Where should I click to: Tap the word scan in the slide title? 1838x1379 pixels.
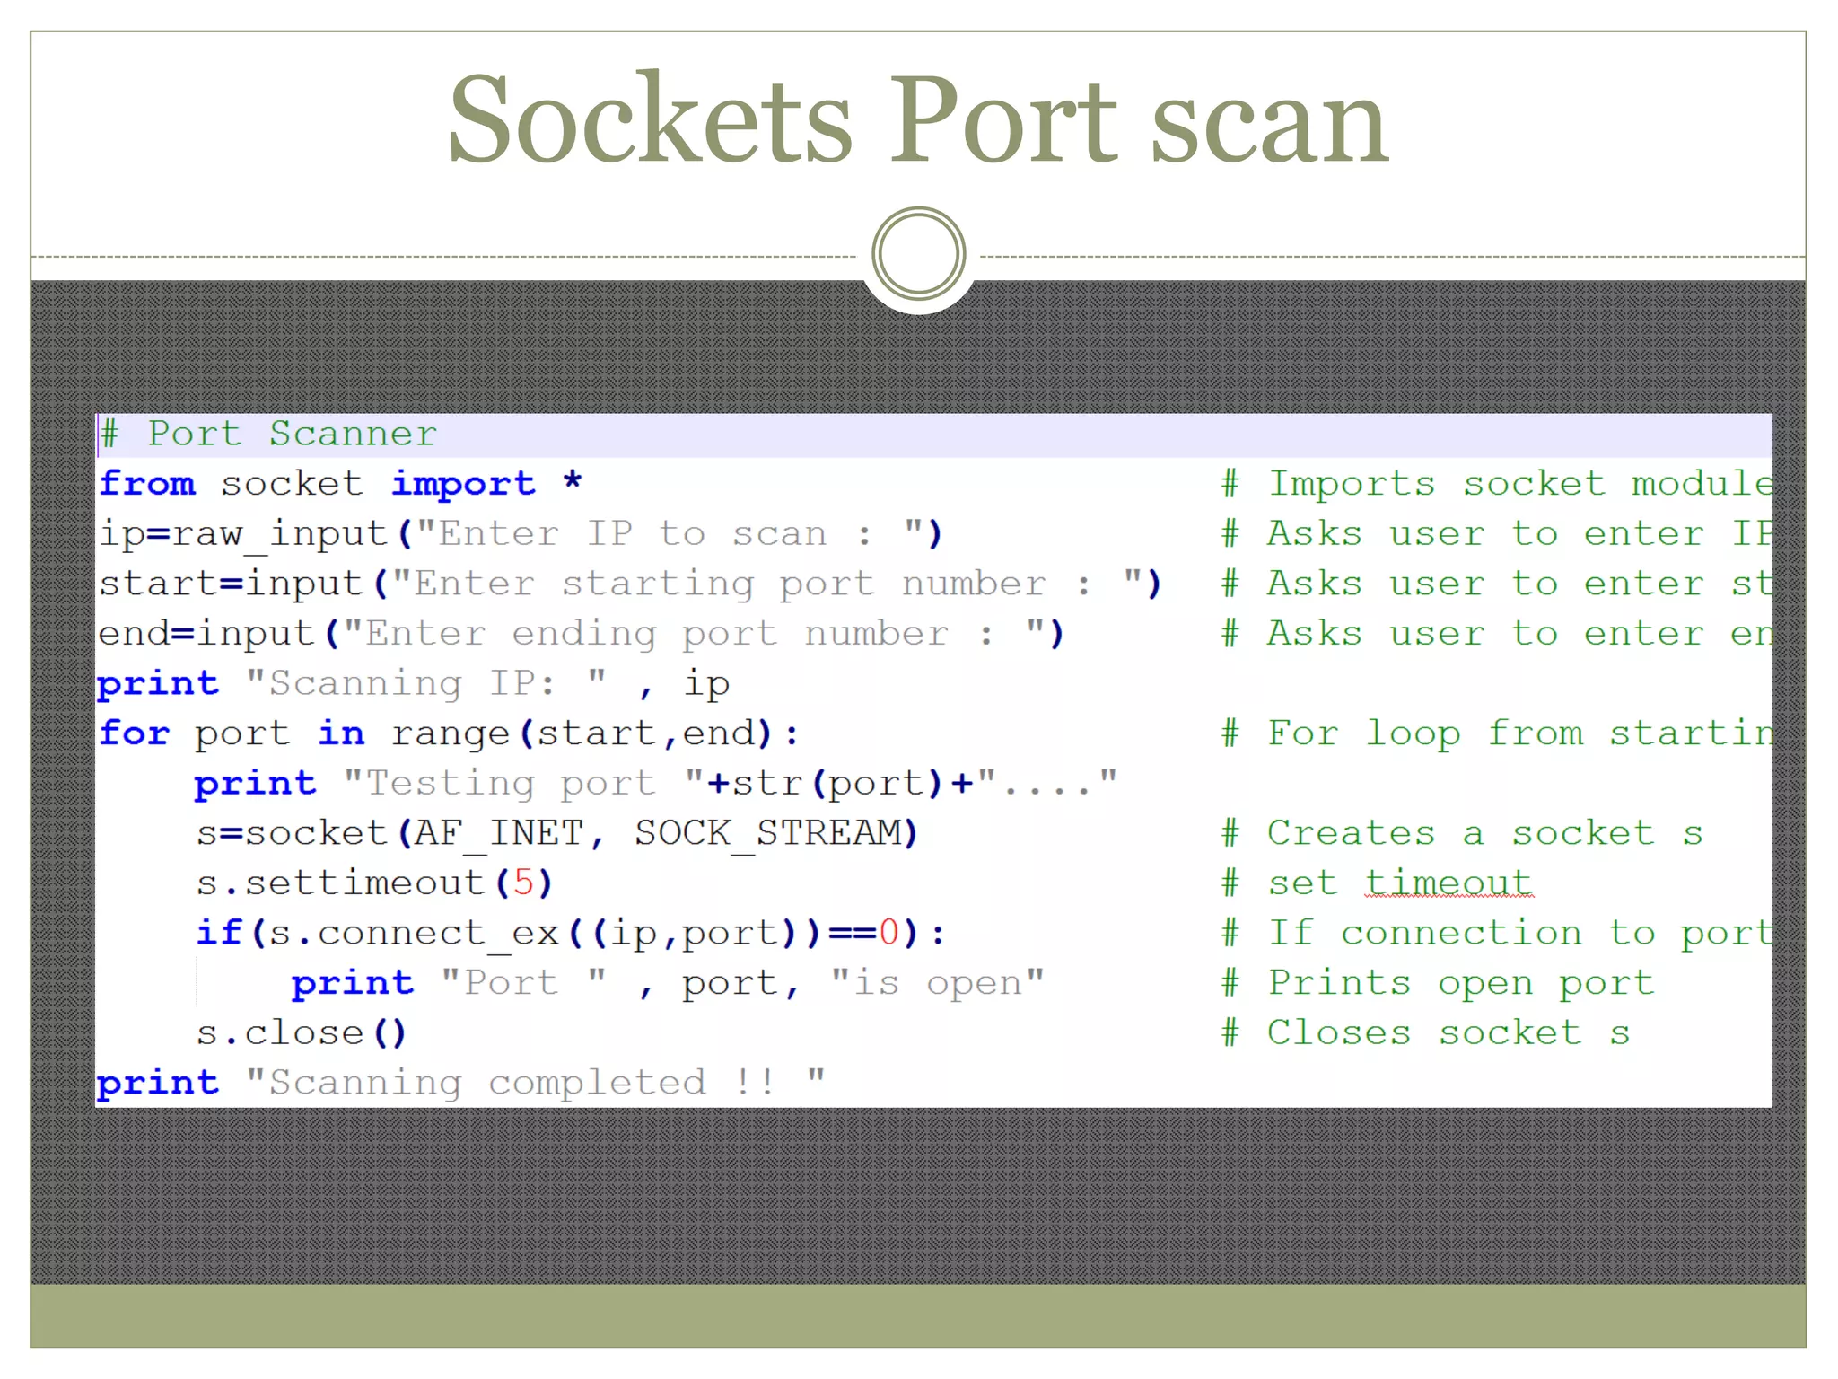[x=1269, y=121]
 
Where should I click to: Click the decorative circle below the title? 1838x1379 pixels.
[x=918, y=254]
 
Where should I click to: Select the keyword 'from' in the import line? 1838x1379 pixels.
[x=147, y=484]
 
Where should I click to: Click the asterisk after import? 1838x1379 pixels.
[x=573, y=483]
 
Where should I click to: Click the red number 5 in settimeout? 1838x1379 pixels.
[x=523, y=883]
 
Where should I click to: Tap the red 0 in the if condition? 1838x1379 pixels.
[x=888, y=934]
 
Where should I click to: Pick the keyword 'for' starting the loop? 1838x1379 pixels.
[x=135, y=733]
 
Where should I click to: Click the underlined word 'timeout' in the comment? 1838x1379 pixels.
[x=1449, y=883]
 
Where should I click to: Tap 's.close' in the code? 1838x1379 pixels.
[x=280, y=1033]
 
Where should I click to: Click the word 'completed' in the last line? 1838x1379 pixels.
[x=597, y=1083]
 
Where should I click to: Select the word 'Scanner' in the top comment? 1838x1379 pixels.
[x=353, y=435]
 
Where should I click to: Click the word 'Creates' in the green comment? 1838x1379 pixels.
[x=1351, y=834]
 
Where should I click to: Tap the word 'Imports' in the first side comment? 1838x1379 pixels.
[x=1351, y=484]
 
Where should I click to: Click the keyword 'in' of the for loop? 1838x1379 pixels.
[x=341, y=733]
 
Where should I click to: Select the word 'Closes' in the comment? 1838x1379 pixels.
[x=1338, y=1033]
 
